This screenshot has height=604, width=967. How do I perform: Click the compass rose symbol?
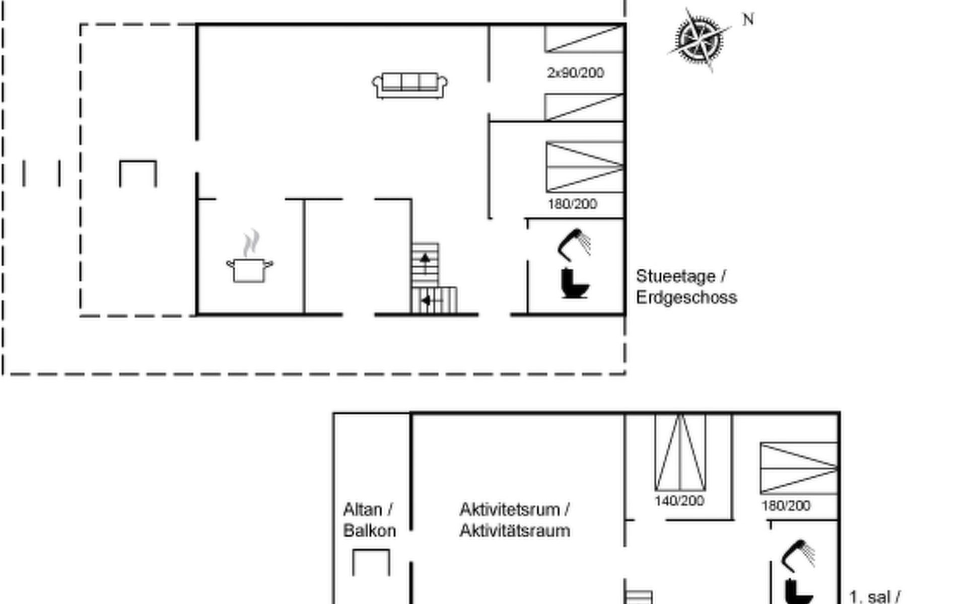[x=699, y=40]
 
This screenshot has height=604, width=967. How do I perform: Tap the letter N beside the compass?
[x=748, y=20]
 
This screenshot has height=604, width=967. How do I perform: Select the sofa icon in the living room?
[x=409, y=86]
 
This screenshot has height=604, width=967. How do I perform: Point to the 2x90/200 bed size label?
[x=575, y=73]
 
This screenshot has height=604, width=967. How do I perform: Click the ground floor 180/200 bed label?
[x=572, y=204]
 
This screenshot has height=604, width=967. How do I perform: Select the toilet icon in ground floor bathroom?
[x=574, y=283]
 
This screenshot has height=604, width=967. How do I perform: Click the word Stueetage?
[x=675, y=276]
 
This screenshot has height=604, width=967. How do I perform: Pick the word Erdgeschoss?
[x=686, y=297]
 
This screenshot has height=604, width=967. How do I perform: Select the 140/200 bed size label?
[x=679, y=501]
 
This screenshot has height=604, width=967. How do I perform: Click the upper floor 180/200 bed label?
[x=786, y=505]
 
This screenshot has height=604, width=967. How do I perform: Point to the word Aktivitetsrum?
[x=510, y=509]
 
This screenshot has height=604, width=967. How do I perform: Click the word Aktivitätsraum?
[x=515, y=531]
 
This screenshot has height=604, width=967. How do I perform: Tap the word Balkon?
[x=369, y=531]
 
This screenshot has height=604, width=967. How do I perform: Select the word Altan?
[x=363, y=509]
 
